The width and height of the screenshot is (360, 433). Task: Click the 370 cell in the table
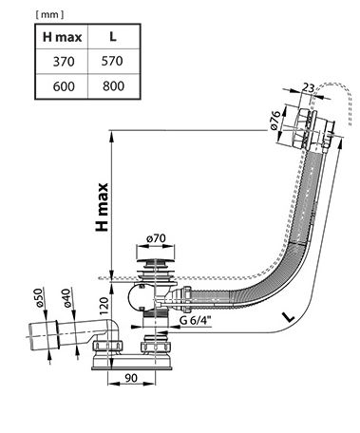tap(64, 62)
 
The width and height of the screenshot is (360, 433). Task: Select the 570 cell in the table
tap(112, 61)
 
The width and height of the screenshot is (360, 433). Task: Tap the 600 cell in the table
tap(64, 86)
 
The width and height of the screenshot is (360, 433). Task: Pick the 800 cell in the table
tap(113, 85)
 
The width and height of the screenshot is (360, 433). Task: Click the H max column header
tap(63, 37)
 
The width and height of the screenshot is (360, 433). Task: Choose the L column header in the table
tap(113, 36)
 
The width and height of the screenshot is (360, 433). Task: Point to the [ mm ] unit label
tap(50, 14)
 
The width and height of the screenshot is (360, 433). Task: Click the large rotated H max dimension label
tap(102, 207)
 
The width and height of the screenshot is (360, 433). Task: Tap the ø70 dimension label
tap(156, 238)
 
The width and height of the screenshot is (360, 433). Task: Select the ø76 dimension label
tap(275, 121)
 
